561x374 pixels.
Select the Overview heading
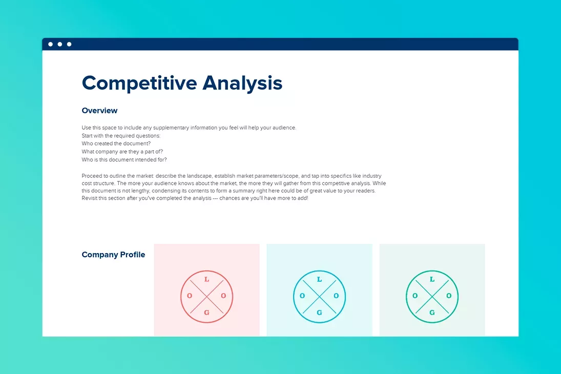pos(99,111)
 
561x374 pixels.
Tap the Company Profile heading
pos(113,255)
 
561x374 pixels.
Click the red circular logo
pos(206,296)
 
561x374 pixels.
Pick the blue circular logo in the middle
pos(319,296)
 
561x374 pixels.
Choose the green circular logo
pos(432,296)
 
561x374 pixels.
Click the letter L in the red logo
pos(206,280)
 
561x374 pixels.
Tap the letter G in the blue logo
pos(319,313)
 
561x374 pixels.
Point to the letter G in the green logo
pos(432,313)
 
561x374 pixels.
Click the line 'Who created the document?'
pos(116,143)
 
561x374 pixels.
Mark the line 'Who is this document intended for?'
pos(124,160)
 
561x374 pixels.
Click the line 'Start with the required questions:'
pos(121,136)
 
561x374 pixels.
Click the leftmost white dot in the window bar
pos(51,44)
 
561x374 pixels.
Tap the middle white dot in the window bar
pos(60,44)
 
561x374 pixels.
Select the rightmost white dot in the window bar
pos(69,44)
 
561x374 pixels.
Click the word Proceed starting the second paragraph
pos(91,176)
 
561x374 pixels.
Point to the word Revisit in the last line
pos(90,198)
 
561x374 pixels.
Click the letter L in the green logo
pos(432,280)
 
